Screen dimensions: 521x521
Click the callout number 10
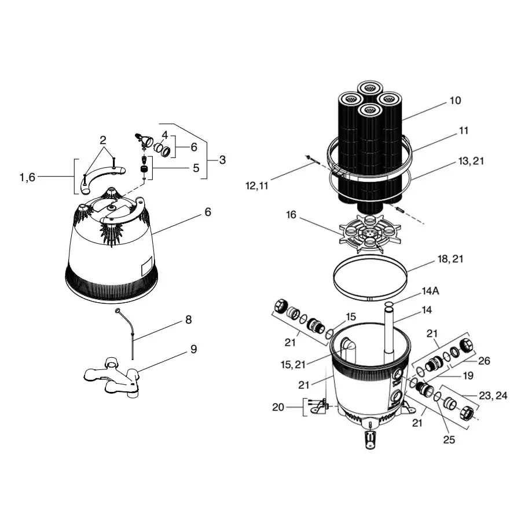pyautogui.click(x=455, y=101)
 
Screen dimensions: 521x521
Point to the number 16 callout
pyautogui.click(x=291, y=215)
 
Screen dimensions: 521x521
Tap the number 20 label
pyautogui.click(x=279, y=407)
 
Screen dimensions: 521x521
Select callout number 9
pyautogui.click(x=193, y=349)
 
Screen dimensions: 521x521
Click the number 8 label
pyautogui.click(x=188, y=320)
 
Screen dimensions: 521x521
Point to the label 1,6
pyautogui.click(x=27, y=177)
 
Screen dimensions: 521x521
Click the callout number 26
pyautogui.click(x=484, y=361)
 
